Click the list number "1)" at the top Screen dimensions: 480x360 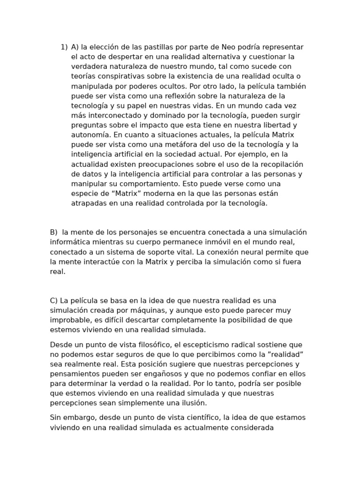click(x=64, y=47)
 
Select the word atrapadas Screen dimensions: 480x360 click(x=88, y=203)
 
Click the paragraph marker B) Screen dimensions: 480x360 click(x=53, y=232)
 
